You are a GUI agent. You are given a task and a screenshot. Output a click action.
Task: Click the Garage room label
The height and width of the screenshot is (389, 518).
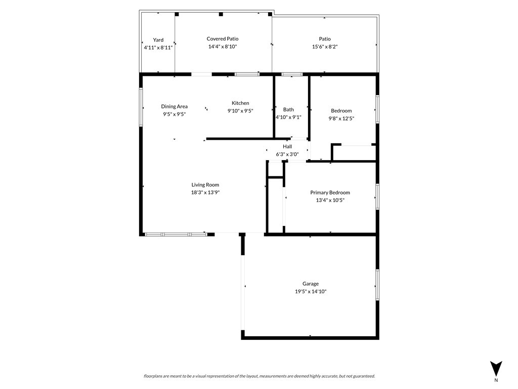pyautogui.click(x=311, y=284)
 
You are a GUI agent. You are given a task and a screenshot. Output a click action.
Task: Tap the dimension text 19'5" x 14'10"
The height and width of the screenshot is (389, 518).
pyautogui.click(x=311, y=291)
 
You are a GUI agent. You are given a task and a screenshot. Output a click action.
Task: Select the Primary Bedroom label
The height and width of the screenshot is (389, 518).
pyautogui.click(x=330, y=192)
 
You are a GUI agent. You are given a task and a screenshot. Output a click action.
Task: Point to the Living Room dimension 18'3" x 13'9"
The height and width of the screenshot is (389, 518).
pyautogui.click(x=205, y=192)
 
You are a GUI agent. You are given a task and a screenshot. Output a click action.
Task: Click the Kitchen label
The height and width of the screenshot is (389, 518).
pyautogui.click(x=240, y=103)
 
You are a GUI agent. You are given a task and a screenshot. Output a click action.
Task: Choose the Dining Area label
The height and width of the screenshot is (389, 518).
pyautogui.click(x=174, y=106)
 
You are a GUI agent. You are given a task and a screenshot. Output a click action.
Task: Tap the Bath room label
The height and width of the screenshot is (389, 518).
pyautogui.click(x=288, y=109)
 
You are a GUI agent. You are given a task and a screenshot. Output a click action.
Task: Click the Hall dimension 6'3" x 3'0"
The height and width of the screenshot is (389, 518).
pyautogui.click(x=287, y=154)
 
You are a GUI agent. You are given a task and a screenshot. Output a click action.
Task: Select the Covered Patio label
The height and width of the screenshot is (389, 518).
pyautogui.click(x=223, y=39)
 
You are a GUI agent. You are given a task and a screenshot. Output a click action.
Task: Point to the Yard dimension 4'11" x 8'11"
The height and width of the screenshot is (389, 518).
pyautogui.click(x=158, y=48)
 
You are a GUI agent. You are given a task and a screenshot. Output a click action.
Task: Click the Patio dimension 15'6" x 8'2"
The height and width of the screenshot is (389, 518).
pyautogui.click(x=325, y=47)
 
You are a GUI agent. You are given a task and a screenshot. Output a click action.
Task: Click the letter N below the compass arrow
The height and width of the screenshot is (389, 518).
pyautogui.click(x=496, y=380)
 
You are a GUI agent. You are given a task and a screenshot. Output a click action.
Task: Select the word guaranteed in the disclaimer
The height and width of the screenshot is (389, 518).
pyautogui.click(x=364, y=376)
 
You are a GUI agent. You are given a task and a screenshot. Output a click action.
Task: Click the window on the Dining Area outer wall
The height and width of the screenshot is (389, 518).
pyautogui.click(x=141, y=107)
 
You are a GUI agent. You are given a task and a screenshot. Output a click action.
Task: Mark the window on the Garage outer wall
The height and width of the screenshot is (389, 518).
pyautogui.click(x=377, y=285)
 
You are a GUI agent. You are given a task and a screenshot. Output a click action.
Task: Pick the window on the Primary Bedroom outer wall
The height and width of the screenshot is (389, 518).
pyautogui.click(x=377, y=197)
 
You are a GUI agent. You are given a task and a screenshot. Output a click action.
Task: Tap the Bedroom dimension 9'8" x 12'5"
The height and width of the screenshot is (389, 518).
pyautogui.click(x=341, y=119)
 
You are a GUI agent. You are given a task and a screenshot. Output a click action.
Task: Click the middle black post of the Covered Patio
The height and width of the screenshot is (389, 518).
pyautogui.click(x=221, y=14)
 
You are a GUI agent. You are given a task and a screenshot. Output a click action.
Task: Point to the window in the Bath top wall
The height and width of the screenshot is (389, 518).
pyautogui.click(x=292, y=74)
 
